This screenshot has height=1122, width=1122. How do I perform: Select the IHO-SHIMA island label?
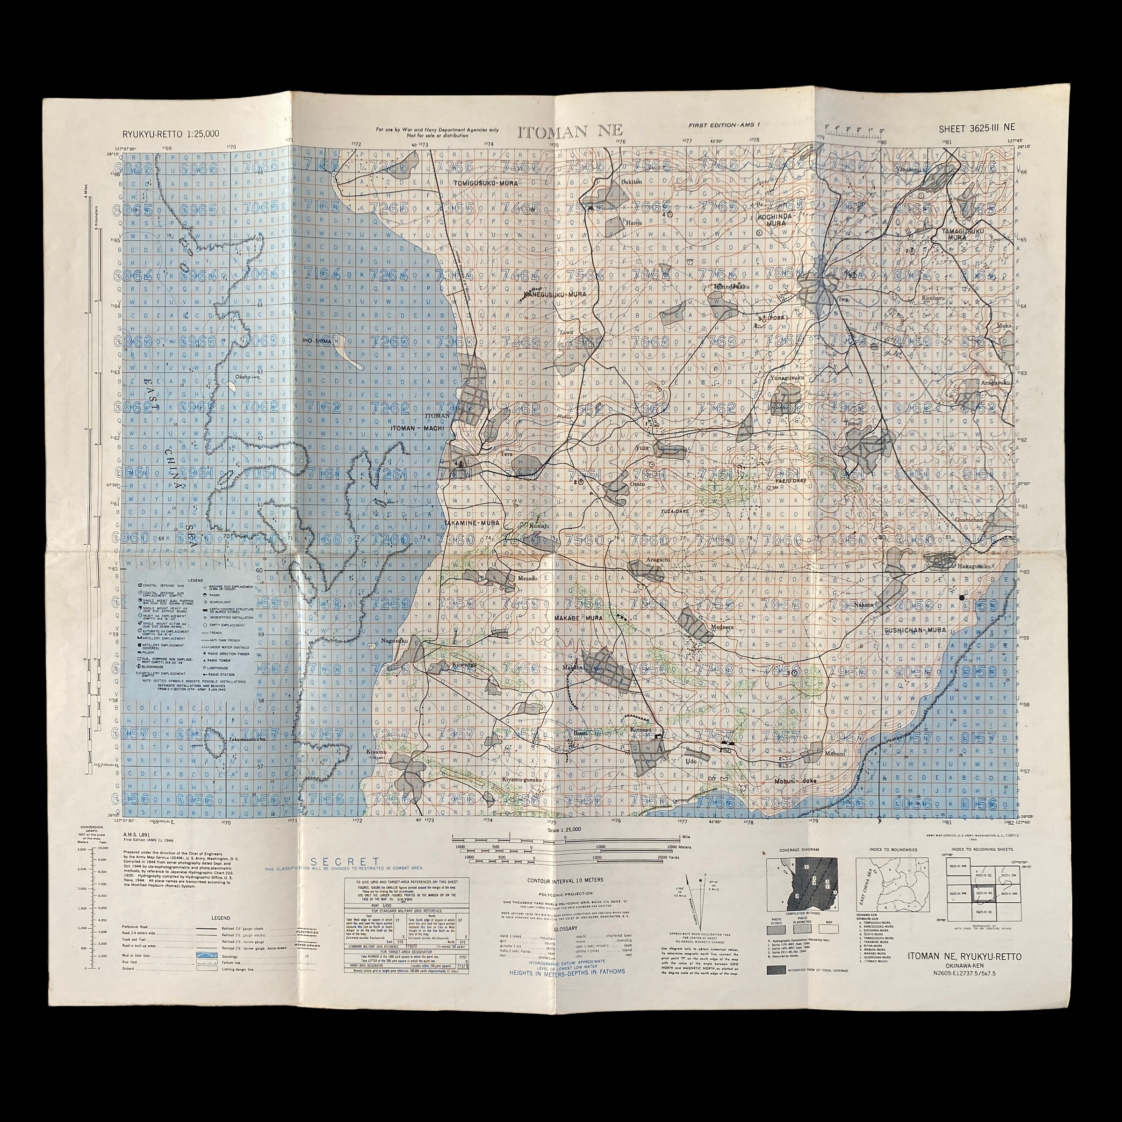click(316, 341)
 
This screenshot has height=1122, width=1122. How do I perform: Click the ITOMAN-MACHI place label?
click(417, 427)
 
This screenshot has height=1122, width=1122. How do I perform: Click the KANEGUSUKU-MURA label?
click(554, 295)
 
